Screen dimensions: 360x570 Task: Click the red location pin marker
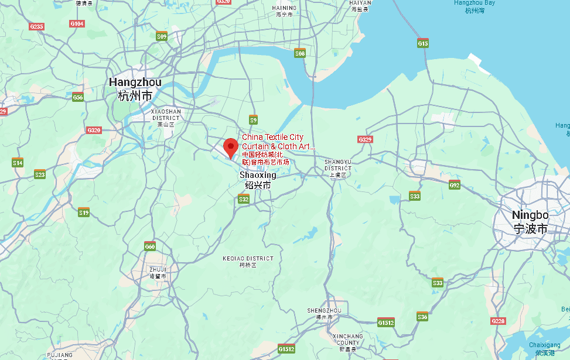tap(231, 146)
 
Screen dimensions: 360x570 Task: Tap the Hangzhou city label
tap(135, 88)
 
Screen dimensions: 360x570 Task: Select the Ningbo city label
tap(530, 221)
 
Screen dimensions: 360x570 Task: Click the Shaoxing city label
tap(257, 180)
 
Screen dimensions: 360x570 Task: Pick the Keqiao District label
tap(248, 261)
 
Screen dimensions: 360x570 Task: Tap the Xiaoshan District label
tap(166, 117)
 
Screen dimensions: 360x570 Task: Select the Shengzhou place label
tap(324, 313)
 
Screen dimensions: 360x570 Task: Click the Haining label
tap(284, 11)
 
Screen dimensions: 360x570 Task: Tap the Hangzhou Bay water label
tap(475, 6)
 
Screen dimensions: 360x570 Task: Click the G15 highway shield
tap(423, 43)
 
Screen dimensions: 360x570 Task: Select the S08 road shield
tap(300, 53)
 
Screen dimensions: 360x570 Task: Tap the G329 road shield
tap(366, 139)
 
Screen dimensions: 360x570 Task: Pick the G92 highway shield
tap(455, 185)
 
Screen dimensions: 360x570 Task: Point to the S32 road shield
tap(244, 200)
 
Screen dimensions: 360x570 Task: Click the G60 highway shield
tap(150, 246)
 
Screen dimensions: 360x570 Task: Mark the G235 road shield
tap(36, 26)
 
